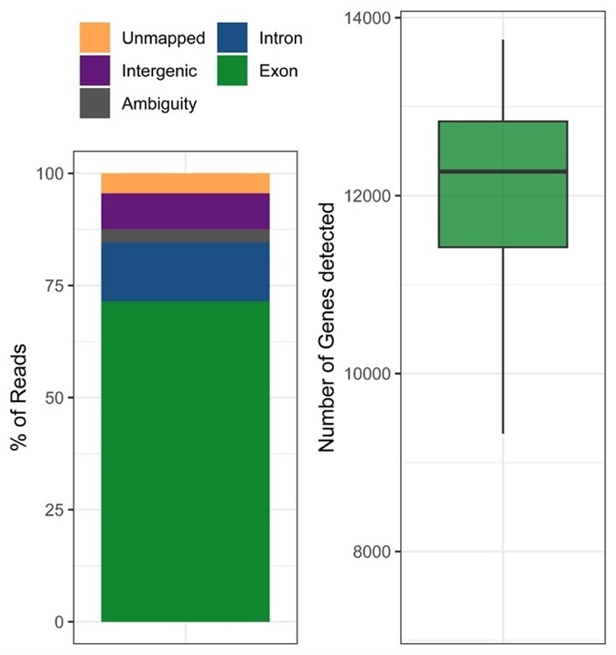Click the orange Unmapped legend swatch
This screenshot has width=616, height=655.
tap(94, 38)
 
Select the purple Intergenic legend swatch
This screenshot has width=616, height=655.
tap(94, 70)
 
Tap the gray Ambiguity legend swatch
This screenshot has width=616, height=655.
tap(94, 103)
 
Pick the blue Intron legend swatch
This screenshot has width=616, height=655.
tap(233, 38)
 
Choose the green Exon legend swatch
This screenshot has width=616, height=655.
tap(233, 70)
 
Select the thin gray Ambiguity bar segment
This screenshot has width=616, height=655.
tap(185, 235)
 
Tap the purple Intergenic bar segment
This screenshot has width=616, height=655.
tap(185, 211)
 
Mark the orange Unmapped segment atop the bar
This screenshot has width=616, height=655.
tap(185, 183)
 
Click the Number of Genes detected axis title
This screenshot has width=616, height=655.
tap(327, 328)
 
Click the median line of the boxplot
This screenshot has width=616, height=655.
tap(503, 171)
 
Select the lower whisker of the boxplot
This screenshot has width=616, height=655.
tap(503, 340)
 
